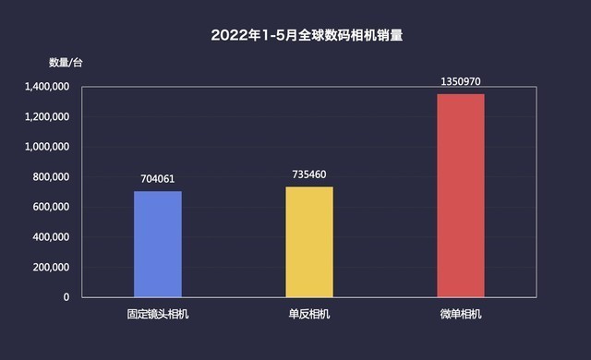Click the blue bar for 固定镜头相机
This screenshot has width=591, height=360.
pos(158,244)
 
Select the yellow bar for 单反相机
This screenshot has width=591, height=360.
pos(308,241)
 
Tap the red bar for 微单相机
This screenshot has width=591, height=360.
pos(460,195)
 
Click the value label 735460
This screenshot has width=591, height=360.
pos(308,175)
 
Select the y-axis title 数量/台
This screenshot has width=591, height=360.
pos(66,63)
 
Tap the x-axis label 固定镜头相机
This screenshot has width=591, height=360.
pos(158,314)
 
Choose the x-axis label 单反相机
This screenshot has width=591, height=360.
pos(308,314)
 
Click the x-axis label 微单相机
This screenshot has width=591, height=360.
pos(460,314)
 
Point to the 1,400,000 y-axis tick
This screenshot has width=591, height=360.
pos(42,87)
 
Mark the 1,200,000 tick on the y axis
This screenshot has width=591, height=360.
pos(42,117)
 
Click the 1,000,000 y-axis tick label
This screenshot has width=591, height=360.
pos(42,147)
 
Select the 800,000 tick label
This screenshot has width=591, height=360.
pos(48,177)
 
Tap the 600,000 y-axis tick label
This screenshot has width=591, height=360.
pos(48,207)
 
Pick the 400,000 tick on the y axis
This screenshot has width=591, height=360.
pos(48,237)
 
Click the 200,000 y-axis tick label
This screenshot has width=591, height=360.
pos(48,268)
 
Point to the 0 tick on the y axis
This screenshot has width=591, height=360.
pos(66,297)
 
